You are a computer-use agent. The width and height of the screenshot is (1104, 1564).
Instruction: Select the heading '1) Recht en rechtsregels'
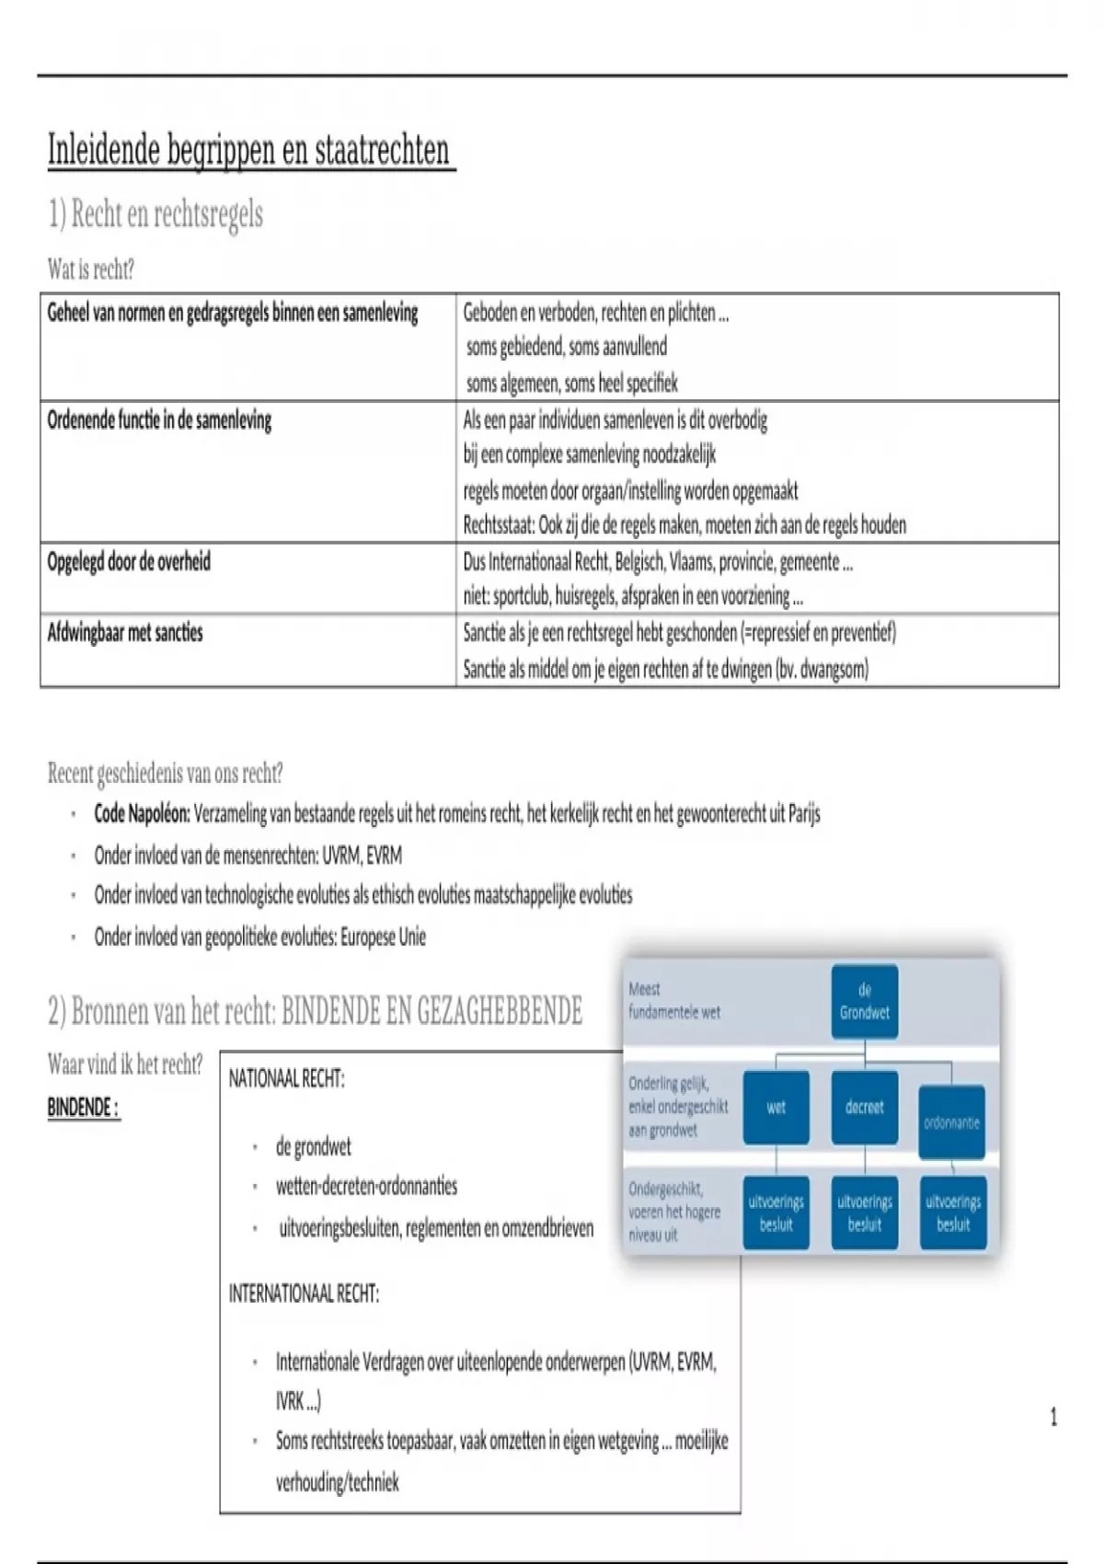(x=155, y=214)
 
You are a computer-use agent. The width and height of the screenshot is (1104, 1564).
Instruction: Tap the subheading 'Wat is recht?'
(x=91, y=270)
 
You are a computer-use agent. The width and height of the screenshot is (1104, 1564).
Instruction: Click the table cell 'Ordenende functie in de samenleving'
(x=159, y=421)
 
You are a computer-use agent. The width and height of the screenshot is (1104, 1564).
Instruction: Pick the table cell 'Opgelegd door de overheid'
(x=129, y=562)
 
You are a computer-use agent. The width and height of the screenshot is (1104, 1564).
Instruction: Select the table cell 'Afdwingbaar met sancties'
(x=125, y=633)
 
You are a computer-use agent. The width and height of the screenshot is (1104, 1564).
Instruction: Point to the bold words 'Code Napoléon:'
(x=142, y=814)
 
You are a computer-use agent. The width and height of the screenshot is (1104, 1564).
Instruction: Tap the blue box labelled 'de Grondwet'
(x=864, y=1001)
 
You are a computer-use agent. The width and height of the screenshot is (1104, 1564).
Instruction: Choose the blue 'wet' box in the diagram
(x=776, y=1108)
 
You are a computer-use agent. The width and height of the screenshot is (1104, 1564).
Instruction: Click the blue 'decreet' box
(x=864, y=1108)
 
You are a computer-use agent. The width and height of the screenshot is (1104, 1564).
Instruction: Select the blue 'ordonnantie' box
(x=951, y=1122)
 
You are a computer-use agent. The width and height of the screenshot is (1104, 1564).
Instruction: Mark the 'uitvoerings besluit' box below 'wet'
(x=776, y=1213)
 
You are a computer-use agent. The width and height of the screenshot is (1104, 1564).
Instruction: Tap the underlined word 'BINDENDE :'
(x=83, y=1108)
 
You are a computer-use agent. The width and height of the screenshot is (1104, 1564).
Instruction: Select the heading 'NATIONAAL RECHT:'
(x=286, y=1079)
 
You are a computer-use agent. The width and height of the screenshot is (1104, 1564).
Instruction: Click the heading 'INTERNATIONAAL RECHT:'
(x=304, y=1294)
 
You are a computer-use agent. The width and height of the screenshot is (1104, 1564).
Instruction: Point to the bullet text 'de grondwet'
(x=313, y=1147)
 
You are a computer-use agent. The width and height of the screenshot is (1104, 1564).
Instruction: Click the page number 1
(x=1053, y=1418)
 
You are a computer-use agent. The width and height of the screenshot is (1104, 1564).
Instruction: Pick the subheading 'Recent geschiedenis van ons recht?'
(x=165, y=774)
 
